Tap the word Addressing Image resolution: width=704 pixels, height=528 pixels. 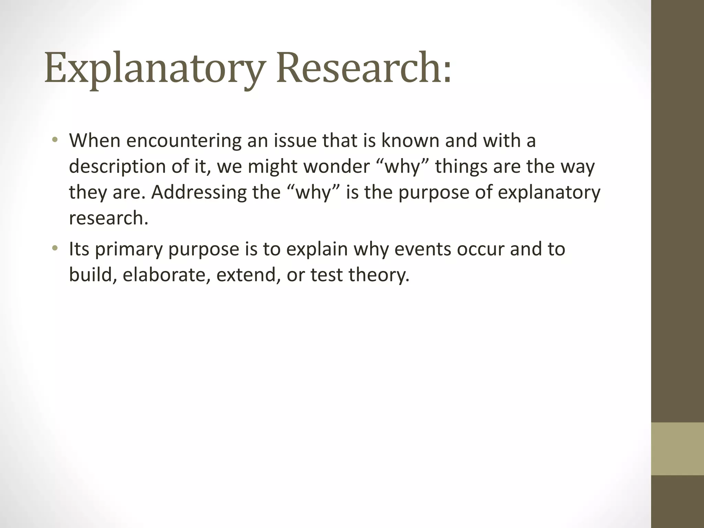tap(199, 192)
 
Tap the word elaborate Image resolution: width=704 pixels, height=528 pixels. tap(166, 275)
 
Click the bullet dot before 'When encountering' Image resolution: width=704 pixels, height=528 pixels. tap(55, 141)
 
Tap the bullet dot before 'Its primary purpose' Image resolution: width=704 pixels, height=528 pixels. tap(55, 249)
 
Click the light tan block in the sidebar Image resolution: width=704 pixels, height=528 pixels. tap(678, 449)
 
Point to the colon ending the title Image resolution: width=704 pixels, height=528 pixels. tap(447, 74)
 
